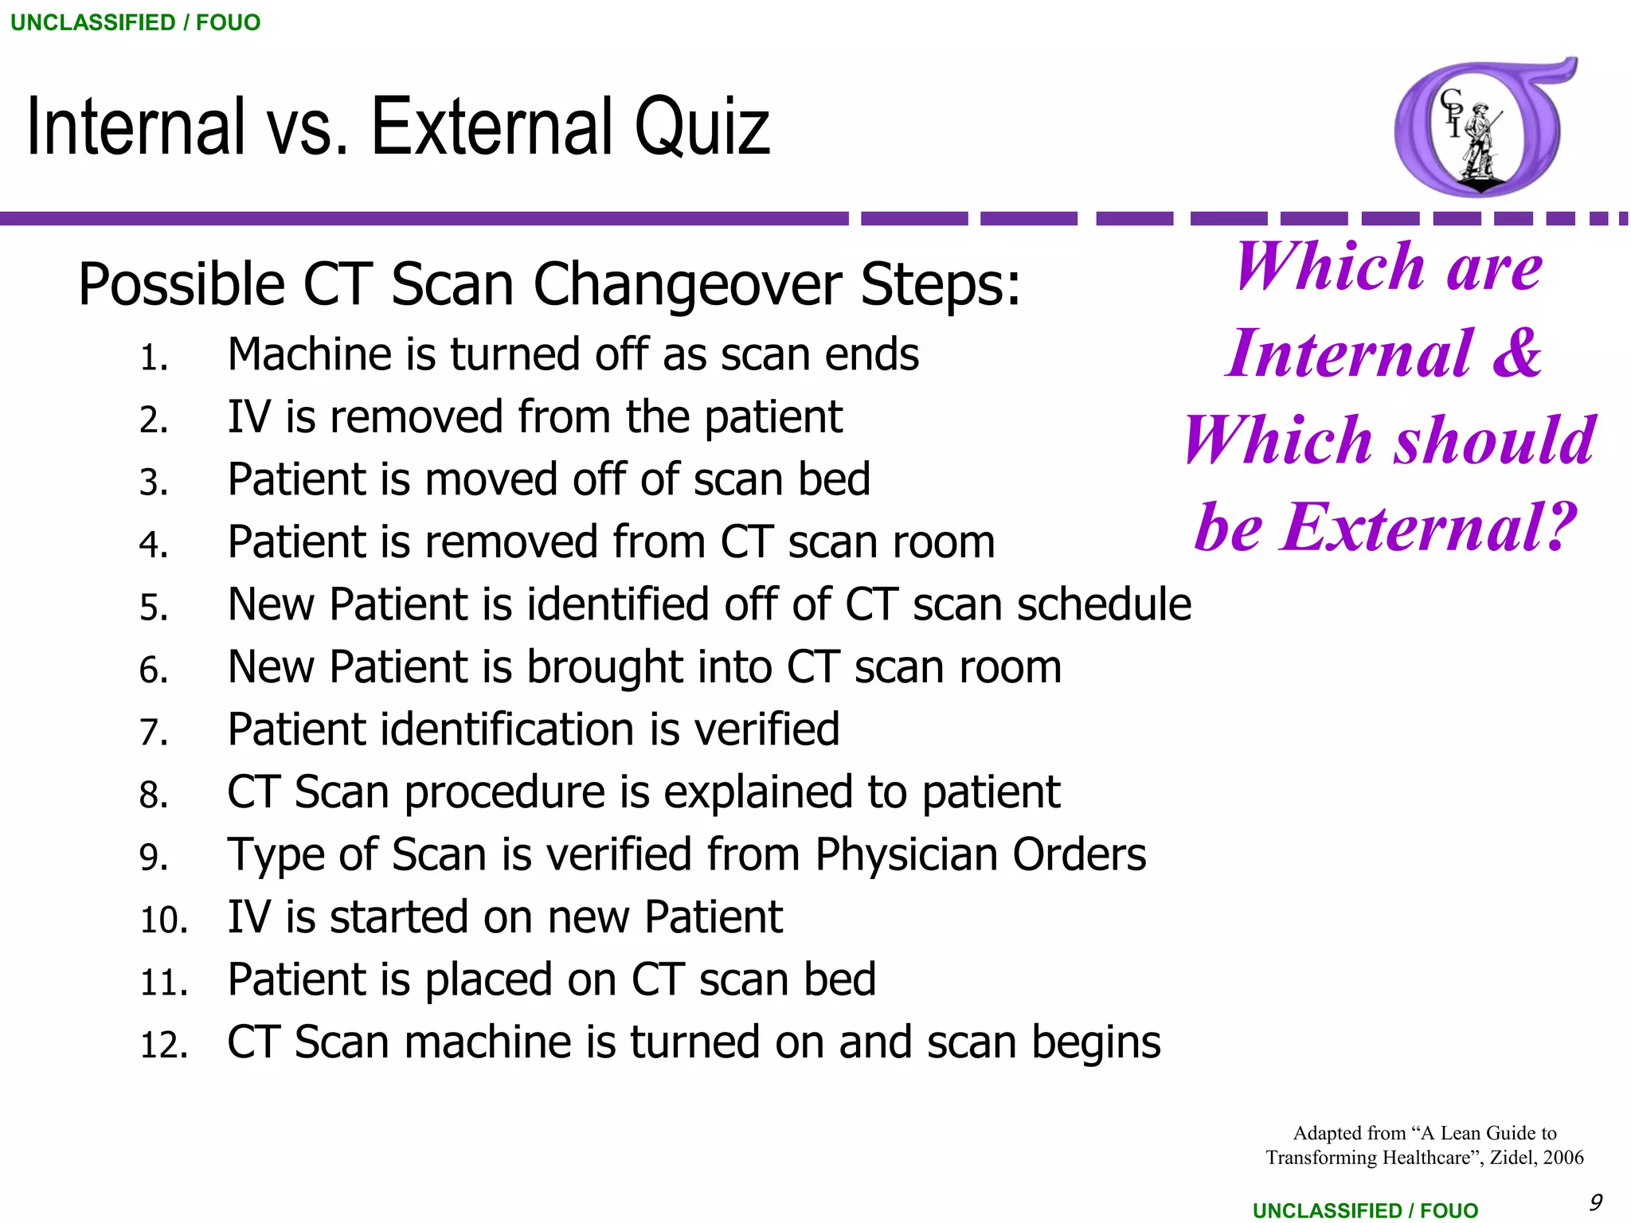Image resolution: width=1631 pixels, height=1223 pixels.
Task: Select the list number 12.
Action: point(163,1045)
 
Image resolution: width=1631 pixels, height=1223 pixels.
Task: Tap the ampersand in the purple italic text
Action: point(1516,353)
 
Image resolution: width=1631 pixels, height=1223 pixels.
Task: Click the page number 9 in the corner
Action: point(1595,1202)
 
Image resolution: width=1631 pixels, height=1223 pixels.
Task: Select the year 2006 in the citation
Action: point(1563,1158)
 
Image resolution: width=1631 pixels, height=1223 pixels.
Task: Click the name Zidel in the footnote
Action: point(1509,1158)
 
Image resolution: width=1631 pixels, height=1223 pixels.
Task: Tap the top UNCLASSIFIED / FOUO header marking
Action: point(135,22)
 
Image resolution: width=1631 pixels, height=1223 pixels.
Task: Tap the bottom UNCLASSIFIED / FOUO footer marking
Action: point(1365,1210)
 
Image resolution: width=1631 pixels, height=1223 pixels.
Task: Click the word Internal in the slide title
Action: point(135,127)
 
